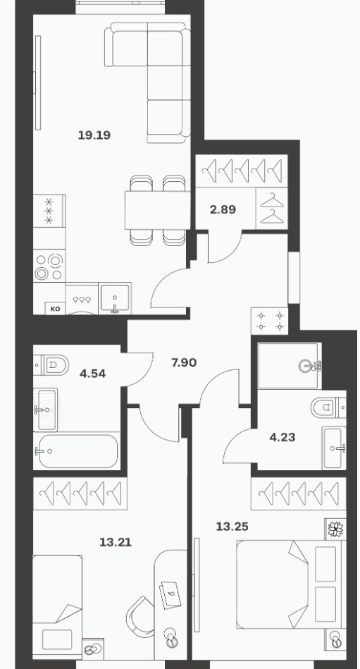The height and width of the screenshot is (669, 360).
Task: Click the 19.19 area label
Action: [x=94, y=135]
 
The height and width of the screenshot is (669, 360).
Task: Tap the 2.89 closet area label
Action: [x=223, y=209]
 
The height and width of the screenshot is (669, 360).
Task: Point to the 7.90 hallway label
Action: [x=184, y=362]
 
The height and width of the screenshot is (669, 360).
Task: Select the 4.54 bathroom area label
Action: [x=92, y=374]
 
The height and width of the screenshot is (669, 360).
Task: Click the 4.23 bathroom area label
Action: [x=283, y=437]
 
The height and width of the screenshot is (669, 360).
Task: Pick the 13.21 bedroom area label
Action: [x=115, y=542]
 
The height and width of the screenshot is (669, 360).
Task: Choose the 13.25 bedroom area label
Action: [x=232, y=527]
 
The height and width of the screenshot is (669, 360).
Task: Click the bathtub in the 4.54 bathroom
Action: [x=76, y=450]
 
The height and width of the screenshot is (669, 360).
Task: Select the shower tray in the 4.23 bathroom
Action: [x=288, y=366]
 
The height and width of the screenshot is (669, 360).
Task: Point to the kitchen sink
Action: [x=115, y=298]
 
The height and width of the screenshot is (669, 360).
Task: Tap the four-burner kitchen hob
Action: [x=49, y=266]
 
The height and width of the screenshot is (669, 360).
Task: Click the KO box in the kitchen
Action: [x=56, y=308]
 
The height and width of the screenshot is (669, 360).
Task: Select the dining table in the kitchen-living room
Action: [x=157, y=210]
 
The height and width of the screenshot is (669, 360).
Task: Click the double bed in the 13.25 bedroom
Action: [x=289, y=584]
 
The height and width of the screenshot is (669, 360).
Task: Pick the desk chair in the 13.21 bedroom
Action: [x=141, y=616]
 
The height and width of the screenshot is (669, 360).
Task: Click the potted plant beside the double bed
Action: [x=335, y=529]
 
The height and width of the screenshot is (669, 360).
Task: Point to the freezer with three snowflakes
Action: [x=49, y=210]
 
